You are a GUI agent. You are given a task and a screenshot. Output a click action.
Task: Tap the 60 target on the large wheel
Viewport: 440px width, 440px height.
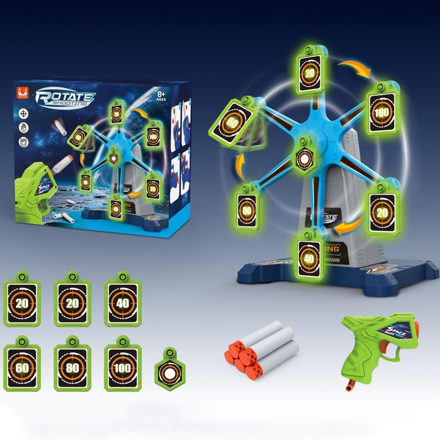pyautogui.click(x=233, y=120)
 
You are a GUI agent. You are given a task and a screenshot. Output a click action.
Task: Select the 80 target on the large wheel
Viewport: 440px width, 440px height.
pyautogui.click(x=247, y=210)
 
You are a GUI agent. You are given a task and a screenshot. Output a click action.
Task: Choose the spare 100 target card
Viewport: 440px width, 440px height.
pyautogui.click(x=121, y=367)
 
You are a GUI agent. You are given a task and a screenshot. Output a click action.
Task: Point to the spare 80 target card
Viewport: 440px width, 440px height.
pyautogui.click(x=72, y=367)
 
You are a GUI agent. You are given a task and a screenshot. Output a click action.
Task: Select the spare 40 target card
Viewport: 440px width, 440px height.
pyautogui.click(x=122, y=303)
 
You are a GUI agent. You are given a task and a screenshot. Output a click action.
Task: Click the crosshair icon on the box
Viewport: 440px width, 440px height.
pyautogui.click(x=23, y=113)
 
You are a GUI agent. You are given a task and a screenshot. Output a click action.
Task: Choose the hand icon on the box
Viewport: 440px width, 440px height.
pyautogui.click(x=23, y=128)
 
